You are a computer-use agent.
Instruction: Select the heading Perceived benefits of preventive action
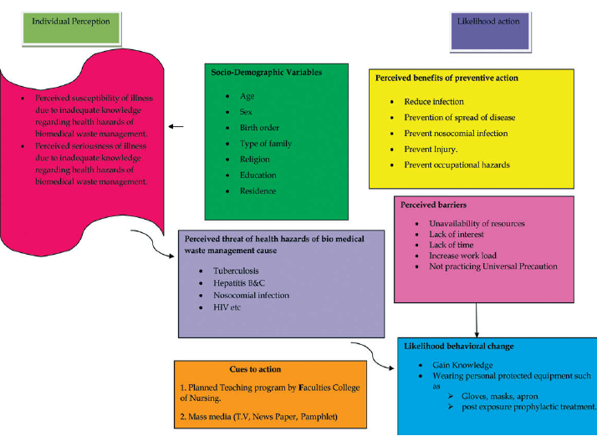click(x=446, y=78)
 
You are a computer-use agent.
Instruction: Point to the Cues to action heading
click(x=255, y=368)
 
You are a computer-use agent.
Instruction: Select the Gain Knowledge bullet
click(x=462, y=366)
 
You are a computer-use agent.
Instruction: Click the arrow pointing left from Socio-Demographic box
click(x=176, y=127)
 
